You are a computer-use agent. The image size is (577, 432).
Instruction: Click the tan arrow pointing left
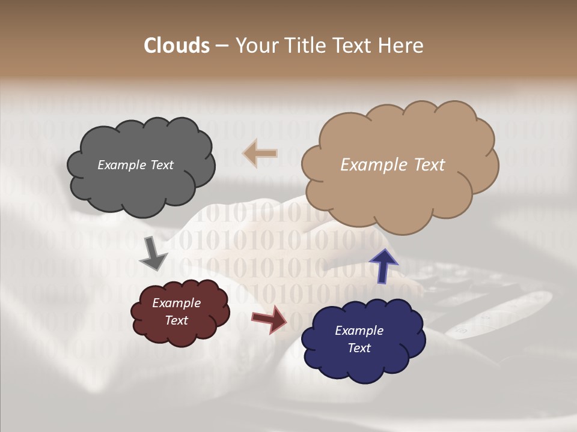pos(260,154)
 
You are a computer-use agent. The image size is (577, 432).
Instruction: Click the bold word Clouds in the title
pos(177,46)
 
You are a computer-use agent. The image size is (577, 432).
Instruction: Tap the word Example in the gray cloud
pos(121,165)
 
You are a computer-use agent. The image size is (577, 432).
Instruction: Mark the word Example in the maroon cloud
pos(176,303)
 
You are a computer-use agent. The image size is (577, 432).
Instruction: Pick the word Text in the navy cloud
pos(359,348)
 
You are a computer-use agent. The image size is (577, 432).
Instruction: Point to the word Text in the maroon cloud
pos(176,320)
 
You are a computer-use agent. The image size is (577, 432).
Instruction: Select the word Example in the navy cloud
pos(359,331)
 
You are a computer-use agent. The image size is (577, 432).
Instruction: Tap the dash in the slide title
pos(221,46)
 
